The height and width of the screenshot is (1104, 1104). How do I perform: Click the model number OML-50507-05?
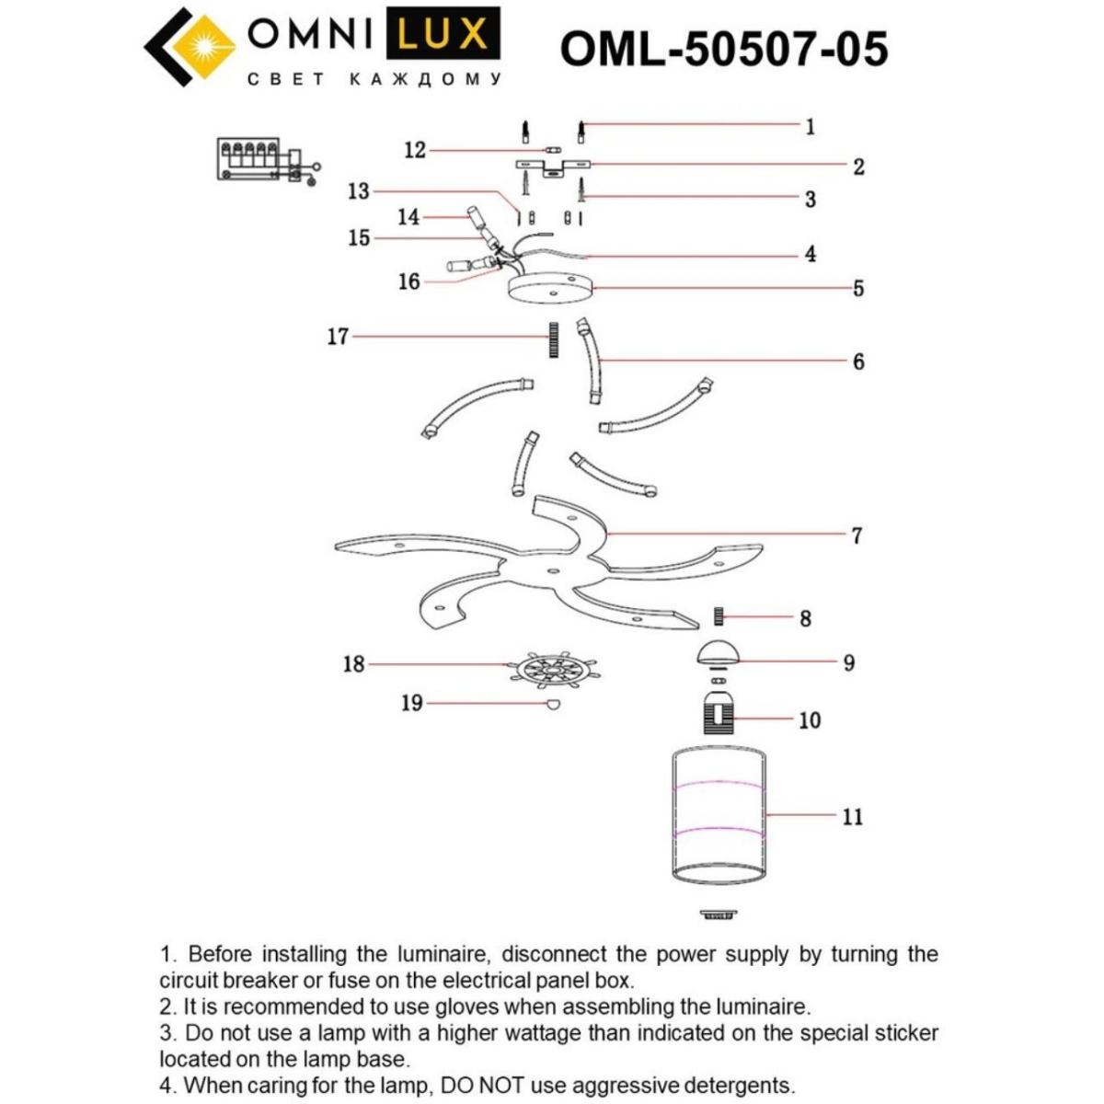pyautogui.click(x=724, y=49)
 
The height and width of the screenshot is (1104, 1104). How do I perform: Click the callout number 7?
pyautogui.click(x=857, y=535)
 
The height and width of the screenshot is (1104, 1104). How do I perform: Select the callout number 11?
pyautogui.click(x=852, y=817)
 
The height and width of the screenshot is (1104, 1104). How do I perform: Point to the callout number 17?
pyautogui.click(x=338, y=337)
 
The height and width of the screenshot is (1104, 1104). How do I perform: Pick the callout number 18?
pyautogui.click(x=353, y=663)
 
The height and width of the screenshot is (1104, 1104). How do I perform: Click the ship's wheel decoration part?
pyautogui.click(x=551, y=669)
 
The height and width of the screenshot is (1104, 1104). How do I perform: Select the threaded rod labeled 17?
pyautogui.click(x=554, y=339)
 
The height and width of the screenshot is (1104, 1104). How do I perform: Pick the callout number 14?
pyautogui.click(x=408, y=217)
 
